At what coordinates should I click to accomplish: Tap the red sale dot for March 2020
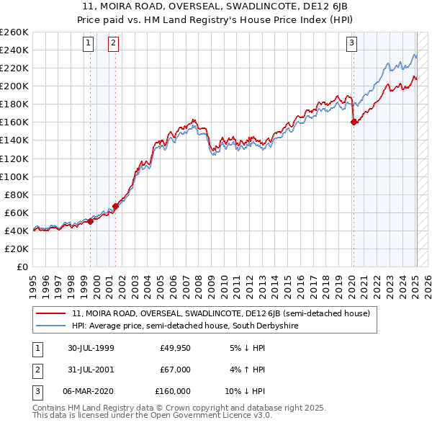(x=354, y=122)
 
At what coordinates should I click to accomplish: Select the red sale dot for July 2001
(x=116, y=206)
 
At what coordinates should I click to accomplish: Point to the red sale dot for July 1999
(x=91, y=221)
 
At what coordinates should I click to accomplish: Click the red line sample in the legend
(x=51, y=313)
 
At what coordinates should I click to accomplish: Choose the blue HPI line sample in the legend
(x=51, y=326)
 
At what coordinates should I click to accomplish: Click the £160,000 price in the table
(x=172, y=391)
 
